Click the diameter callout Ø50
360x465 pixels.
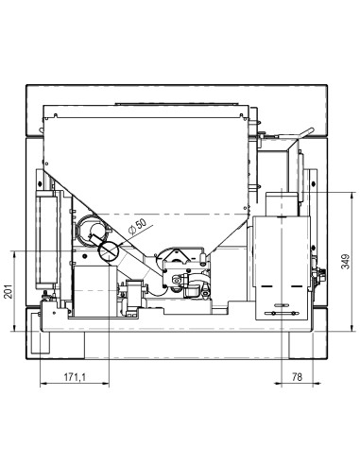point(138,228)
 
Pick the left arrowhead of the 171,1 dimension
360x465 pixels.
point(44,387)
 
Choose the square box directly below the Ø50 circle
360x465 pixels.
point(94,284)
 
